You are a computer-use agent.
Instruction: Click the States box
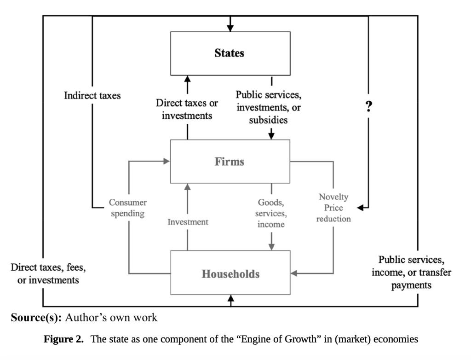coord(230,53)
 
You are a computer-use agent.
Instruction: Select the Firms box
coord(230,162)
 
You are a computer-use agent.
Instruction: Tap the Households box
coord(230,273)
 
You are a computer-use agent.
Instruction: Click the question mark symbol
coord(368,107)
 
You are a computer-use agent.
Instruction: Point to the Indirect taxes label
coord(92,96)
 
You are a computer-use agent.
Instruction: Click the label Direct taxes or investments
coord(187,109)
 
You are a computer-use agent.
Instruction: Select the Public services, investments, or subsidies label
coord(269,107)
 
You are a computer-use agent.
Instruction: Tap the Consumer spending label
coord(128,208)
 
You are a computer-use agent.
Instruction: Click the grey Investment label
coord(188,222)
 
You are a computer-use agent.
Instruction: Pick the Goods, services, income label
coord(271,213)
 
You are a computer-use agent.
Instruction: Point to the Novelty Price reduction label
coord(333,208)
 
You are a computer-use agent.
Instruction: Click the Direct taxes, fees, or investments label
coord(48,273)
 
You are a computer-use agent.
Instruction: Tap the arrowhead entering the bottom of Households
coord(230,299)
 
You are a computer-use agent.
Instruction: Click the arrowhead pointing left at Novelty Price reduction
coord(360,208)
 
